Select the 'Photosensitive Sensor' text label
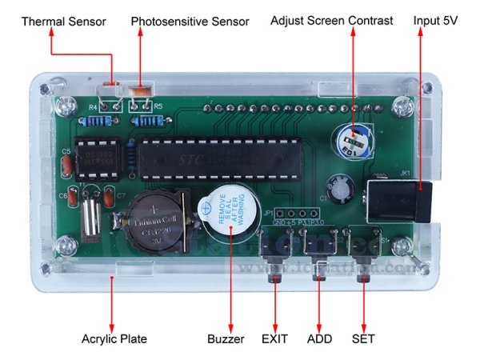190,21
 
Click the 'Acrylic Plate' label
114,339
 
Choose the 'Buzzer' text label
223,339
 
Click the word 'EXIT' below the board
275,339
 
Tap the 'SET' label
363,339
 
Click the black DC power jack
399,202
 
